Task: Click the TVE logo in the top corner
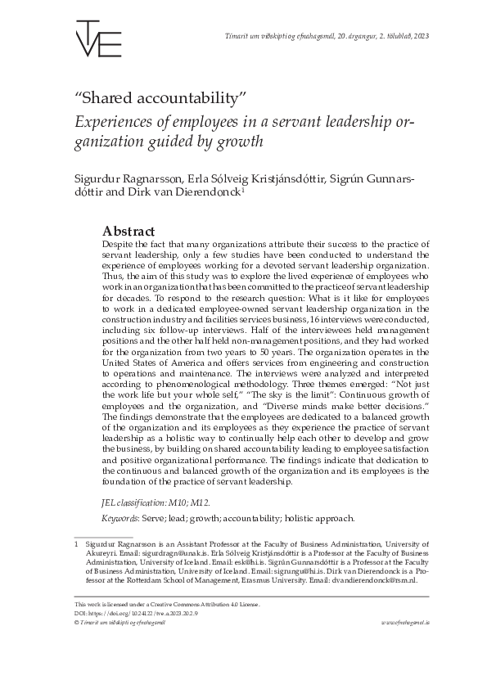tap(98, 37)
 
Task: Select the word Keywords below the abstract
tap(119, 518)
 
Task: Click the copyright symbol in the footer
tap(76, 622)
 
